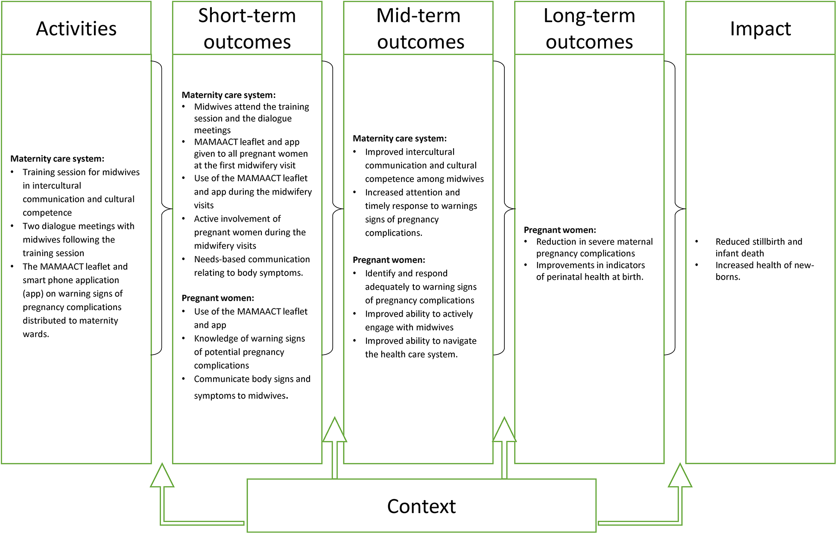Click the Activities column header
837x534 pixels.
click(x=76, y=29)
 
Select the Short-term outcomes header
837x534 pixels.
click(x=247, y=29)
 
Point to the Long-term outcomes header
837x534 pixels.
click(x=589, y=29)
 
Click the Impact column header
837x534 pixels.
click(x=760, y=29)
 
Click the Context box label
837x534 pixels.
click(x=421, y=506)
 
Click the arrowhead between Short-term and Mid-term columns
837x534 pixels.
click(x=334, y=431)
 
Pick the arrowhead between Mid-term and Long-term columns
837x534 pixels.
click(x=504, y=431)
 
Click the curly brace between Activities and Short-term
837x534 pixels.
click(x=164, y=208)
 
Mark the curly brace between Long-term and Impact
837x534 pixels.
click(x=677, y=208)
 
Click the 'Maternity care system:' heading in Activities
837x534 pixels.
click(x=57, y=158)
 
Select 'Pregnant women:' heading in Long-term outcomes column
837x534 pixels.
click(x=560, y=230)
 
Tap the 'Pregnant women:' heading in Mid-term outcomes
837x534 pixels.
click(x=389, y=260)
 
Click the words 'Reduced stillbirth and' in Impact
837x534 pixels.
click(x=758, y=242)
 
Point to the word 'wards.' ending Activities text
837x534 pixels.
click(x=36, y=334)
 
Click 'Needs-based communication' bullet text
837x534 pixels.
click(x=252, y=259)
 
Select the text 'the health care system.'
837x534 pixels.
click(x=411, y=355)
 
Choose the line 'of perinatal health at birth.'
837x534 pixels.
click(x=589, y=277)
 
